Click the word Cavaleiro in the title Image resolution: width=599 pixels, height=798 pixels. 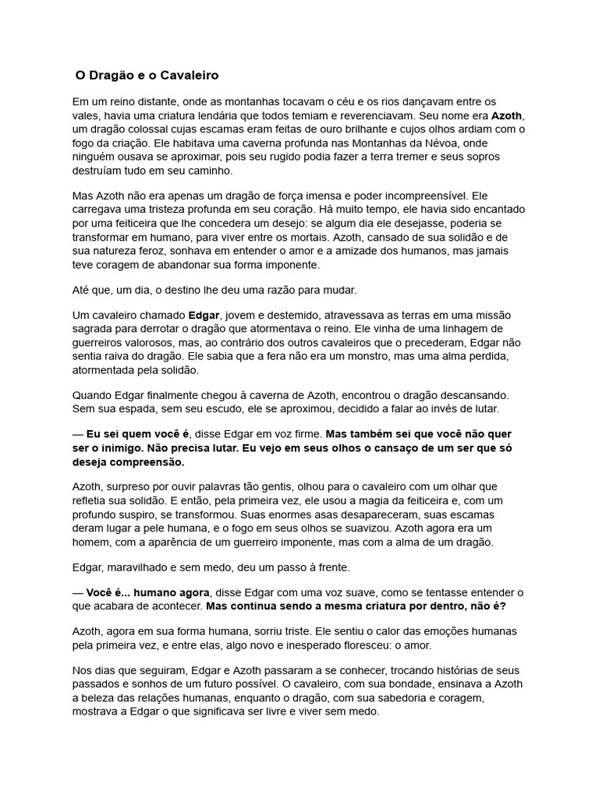(x=188, y=76)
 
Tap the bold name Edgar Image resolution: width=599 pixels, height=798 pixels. (x=204, y=315)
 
